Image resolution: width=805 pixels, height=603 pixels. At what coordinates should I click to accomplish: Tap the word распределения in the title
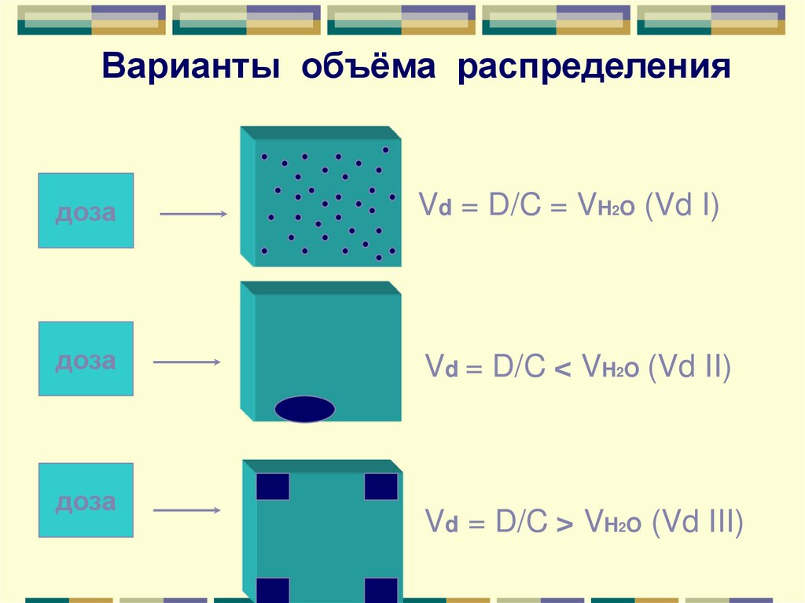point(595,67)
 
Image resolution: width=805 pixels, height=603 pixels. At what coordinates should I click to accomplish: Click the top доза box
point(86,211)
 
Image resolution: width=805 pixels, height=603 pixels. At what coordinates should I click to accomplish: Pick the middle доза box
point(86,358)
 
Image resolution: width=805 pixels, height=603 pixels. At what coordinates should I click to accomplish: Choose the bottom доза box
point(86,500)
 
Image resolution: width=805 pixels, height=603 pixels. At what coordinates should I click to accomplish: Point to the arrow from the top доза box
point(193,214)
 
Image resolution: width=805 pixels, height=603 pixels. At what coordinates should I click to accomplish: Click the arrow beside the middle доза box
point(186,362)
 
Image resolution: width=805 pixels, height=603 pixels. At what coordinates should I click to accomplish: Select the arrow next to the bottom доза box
point(186,510)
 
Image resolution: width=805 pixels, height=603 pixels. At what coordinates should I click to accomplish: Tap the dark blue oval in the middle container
point(305,410)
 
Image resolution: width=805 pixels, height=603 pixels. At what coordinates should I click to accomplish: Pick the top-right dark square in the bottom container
point(380,487)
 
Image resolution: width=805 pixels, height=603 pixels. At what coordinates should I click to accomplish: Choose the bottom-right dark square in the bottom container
point(380,590)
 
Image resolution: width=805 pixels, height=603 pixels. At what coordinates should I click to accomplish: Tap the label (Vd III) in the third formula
point(697,522)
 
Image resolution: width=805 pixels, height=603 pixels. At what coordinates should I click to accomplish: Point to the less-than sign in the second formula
point(563,370)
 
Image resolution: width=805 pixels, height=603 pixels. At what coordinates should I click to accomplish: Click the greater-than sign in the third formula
point(563,524)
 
